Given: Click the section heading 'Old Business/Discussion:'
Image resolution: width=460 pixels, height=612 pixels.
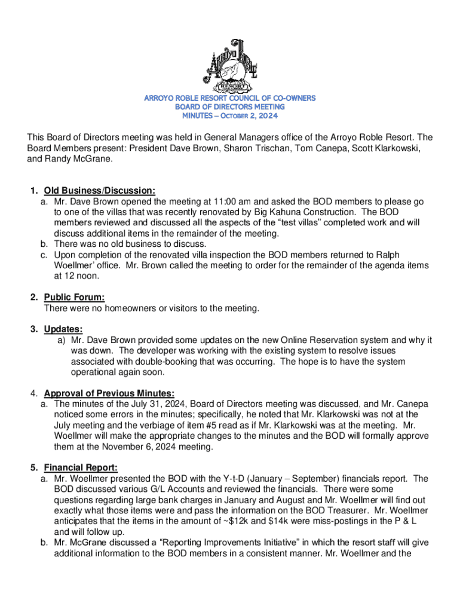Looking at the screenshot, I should (100, 191).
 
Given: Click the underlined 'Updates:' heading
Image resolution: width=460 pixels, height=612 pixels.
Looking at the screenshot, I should (63, 329).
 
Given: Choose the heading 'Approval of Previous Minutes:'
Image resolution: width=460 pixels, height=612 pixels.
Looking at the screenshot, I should (109, 393).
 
